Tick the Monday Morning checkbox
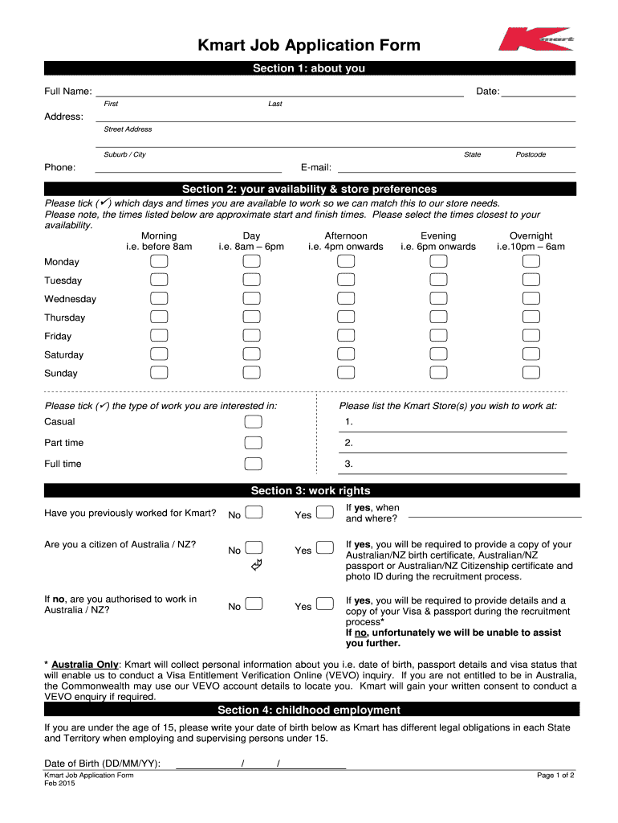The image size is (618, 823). coord(159,262)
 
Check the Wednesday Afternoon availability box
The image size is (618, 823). coord(346,299)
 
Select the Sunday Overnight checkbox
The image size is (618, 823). coord(531,372)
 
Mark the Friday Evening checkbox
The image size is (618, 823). coord(438,336)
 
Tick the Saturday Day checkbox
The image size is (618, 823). coord(252,354)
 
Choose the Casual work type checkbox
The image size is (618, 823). coord(253,422)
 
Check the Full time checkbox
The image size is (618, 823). coord(253,464)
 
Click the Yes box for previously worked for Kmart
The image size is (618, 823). coord(325,513)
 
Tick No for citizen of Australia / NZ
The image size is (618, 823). coord(254,548)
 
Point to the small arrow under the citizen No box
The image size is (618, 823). coord(257,568)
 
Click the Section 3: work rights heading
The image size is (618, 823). coord(310,490)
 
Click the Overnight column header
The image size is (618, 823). coord(531,241)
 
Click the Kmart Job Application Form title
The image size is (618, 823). coord(309,45)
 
